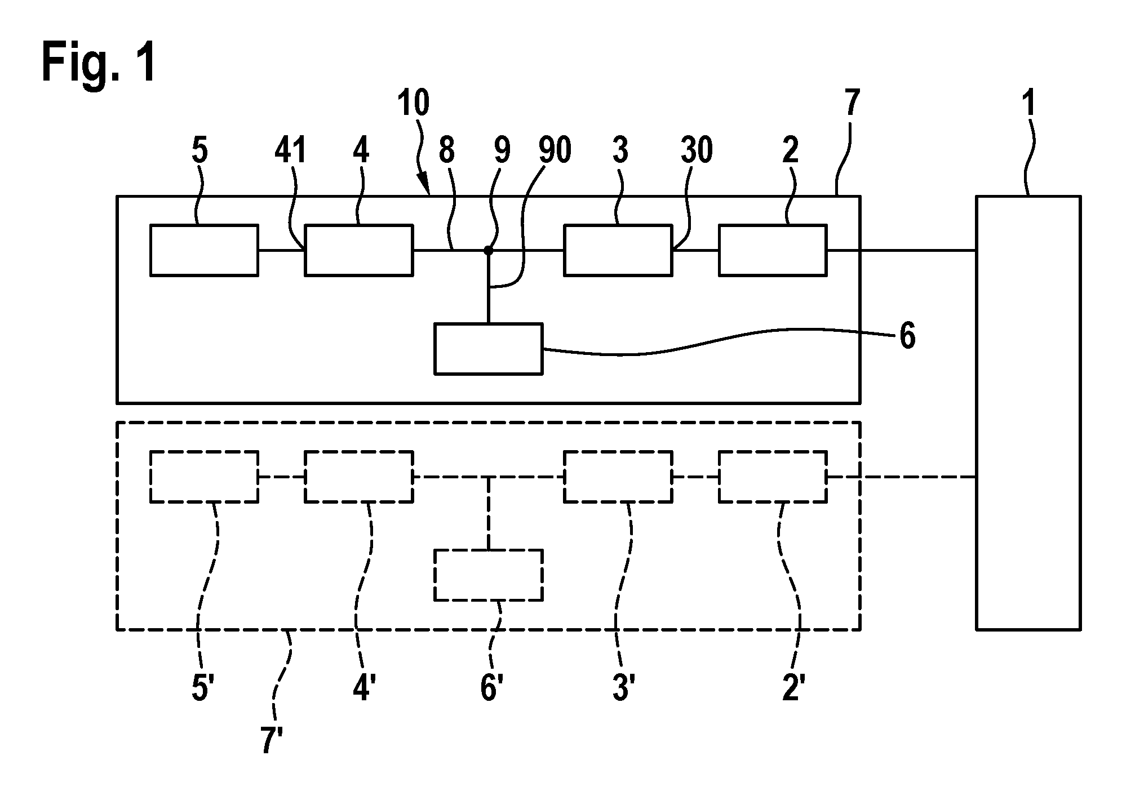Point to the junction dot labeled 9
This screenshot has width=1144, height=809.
pyautogui.click(x=488, y=250)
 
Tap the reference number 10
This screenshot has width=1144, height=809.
pyautogui.click(x=414, y=103)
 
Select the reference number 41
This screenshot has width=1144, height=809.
pyautogui.click(x=290, y=150)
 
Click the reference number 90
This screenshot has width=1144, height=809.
pyautogui.click(x=555, y=150)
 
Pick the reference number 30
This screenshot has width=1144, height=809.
pyautogui.click(x=697, y=150)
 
